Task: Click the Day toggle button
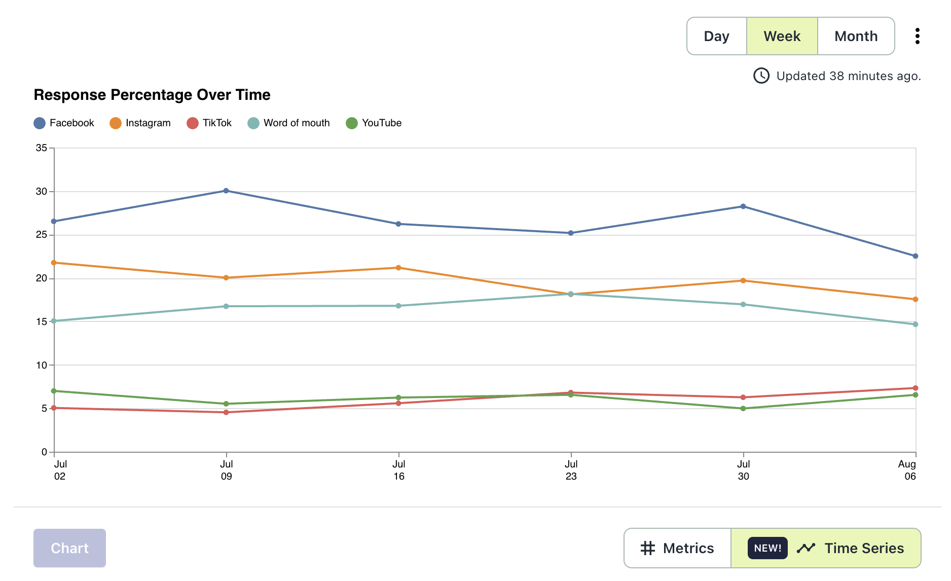716,36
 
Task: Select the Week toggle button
782,36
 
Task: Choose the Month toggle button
856,36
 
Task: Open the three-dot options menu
917,36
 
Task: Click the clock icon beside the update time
761,76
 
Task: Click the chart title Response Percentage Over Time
152,95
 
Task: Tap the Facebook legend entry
64,123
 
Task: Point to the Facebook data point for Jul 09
226,191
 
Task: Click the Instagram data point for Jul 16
398,268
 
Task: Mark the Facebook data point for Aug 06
916,256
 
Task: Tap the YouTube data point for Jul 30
743,409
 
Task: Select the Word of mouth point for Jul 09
226,306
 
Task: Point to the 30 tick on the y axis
42,192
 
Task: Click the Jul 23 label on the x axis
571,470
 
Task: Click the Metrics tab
678,548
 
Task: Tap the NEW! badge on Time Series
767,548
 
